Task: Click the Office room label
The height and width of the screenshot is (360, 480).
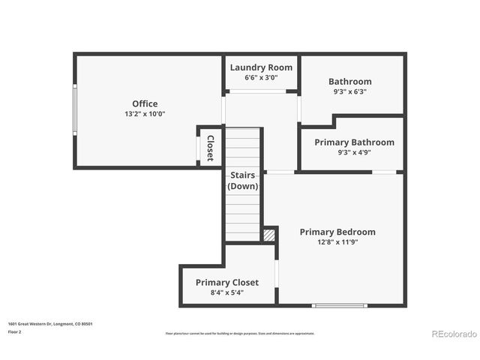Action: (x=145, y=103)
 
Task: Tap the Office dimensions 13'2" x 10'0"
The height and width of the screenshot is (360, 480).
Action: (x=145, y=114)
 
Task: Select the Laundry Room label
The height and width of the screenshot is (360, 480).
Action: (x=261, y=67)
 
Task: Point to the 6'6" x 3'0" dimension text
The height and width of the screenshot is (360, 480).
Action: (x=261, y=77)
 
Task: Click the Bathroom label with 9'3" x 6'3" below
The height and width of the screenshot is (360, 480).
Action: (x=349, y=82)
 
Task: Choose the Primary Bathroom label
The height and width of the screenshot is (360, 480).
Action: (x=354, y=142)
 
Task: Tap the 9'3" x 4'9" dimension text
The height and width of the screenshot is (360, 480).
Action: (x=354, y=152)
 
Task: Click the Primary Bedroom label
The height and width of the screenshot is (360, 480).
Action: (x=337, y=232)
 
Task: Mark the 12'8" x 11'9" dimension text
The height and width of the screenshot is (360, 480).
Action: (x=337, y=242)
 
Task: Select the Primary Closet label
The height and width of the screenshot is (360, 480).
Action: (x=227, y=283)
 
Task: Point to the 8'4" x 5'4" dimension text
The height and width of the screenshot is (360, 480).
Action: (x=227, y=292)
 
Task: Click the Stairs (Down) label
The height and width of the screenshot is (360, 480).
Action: (x=242, y=181)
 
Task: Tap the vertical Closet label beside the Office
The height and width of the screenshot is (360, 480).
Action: (x=211, y=148)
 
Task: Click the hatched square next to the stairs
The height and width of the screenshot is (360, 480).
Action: (x=269, y=235)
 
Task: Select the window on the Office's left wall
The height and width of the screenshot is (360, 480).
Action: (x=74, y=109)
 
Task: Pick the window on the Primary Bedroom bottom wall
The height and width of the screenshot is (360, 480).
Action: (x=339, y=305)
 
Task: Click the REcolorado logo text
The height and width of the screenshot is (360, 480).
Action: (x=453, y=334)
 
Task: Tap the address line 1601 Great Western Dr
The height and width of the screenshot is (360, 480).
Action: (x=50, y=324)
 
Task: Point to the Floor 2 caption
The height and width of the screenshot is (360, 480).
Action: (x=15, y=331)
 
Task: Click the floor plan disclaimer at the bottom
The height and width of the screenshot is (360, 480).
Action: (x=240, y=333)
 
